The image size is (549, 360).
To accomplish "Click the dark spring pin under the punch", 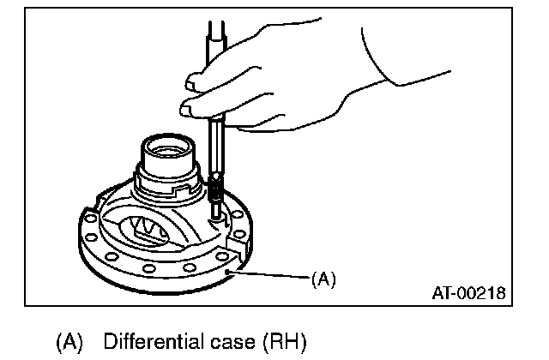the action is (x=216, y=191).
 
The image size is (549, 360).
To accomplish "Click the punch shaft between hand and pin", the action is (x=214, y=150).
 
